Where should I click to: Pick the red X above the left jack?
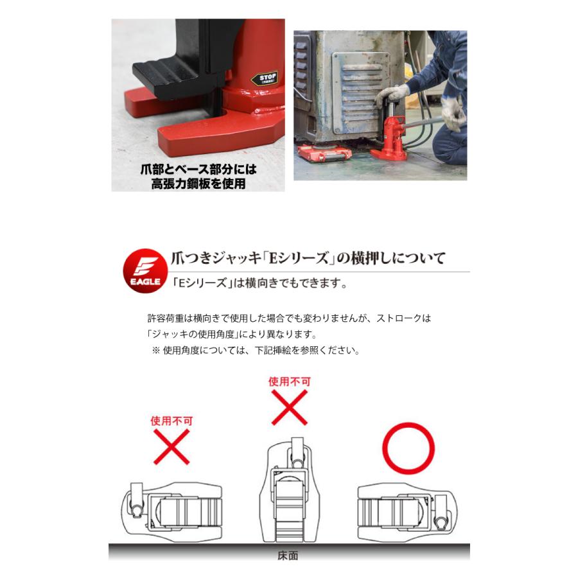(171, 446)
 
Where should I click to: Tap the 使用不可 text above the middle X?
(289, 381)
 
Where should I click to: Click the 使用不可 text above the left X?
(171, 421)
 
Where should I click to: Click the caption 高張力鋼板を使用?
(199, 184)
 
